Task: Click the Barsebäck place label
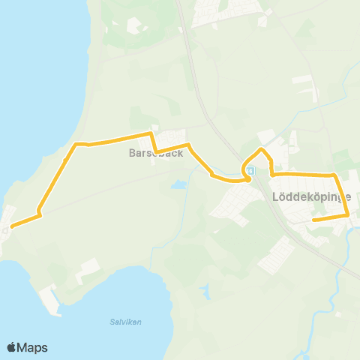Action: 156,153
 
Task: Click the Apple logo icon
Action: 11,347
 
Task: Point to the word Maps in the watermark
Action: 33,347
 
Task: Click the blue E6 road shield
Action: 250,171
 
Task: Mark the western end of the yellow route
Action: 11,226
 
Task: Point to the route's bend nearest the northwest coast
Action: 76,143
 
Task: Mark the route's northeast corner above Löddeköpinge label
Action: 334,175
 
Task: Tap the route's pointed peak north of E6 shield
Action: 261,149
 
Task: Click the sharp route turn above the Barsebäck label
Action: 152,134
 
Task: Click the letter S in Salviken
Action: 118,322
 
